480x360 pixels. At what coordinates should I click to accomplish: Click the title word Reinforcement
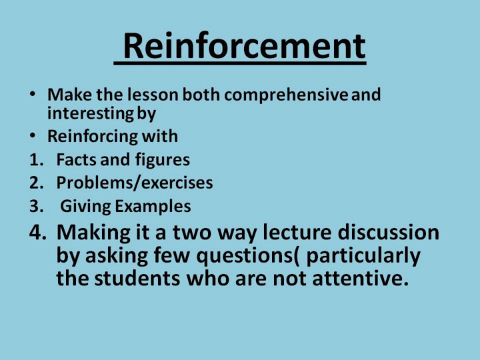click(244, 46)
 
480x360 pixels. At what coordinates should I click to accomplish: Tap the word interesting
click(91, 113)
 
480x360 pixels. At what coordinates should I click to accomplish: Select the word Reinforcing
click(93, 137)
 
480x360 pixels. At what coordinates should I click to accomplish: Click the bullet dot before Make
click(33, 93)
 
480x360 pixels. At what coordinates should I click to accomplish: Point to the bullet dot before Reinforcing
click(33, 135)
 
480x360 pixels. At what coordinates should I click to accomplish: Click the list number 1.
click(36, 160)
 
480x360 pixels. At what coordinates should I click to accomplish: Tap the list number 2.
click(36, 183)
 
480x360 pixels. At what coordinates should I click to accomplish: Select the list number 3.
click(36, 206)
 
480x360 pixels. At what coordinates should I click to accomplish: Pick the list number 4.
click(38, 233)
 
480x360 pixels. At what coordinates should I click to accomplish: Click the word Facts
click(76, 160)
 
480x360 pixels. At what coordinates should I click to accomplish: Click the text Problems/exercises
click(135, 183)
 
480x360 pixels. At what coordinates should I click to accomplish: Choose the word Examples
click(153, 207)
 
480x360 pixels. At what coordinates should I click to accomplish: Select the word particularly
click(363, 257)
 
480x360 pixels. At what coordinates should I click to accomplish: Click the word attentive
click(361, 279)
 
